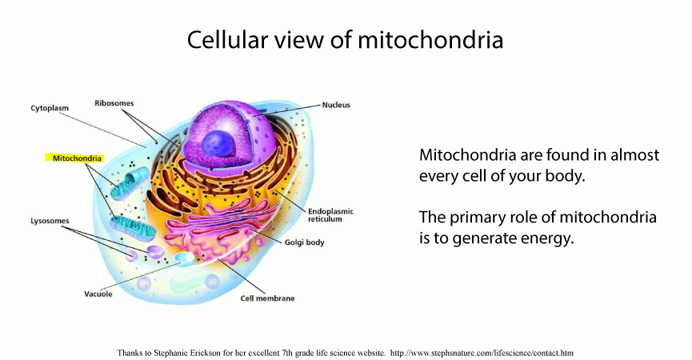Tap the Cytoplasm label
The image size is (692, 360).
50,108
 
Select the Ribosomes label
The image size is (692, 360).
114,103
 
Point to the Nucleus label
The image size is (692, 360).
336,105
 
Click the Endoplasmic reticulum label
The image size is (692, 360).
330,215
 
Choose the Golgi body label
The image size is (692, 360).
304,242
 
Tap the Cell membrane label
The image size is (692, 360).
267,298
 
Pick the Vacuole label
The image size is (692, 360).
98,294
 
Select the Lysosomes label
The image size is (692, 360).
50,221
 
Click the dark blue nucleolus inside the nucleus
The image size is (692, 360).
217,144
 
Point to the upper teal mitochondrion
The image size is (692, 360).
130,183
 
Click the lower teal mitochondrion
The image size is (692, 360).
133,227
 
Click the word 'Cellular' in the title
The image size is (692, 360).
227,39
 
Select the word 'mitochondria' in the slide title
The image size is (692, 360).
430,39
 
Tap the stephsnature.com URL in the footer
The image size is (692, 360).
482,353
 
